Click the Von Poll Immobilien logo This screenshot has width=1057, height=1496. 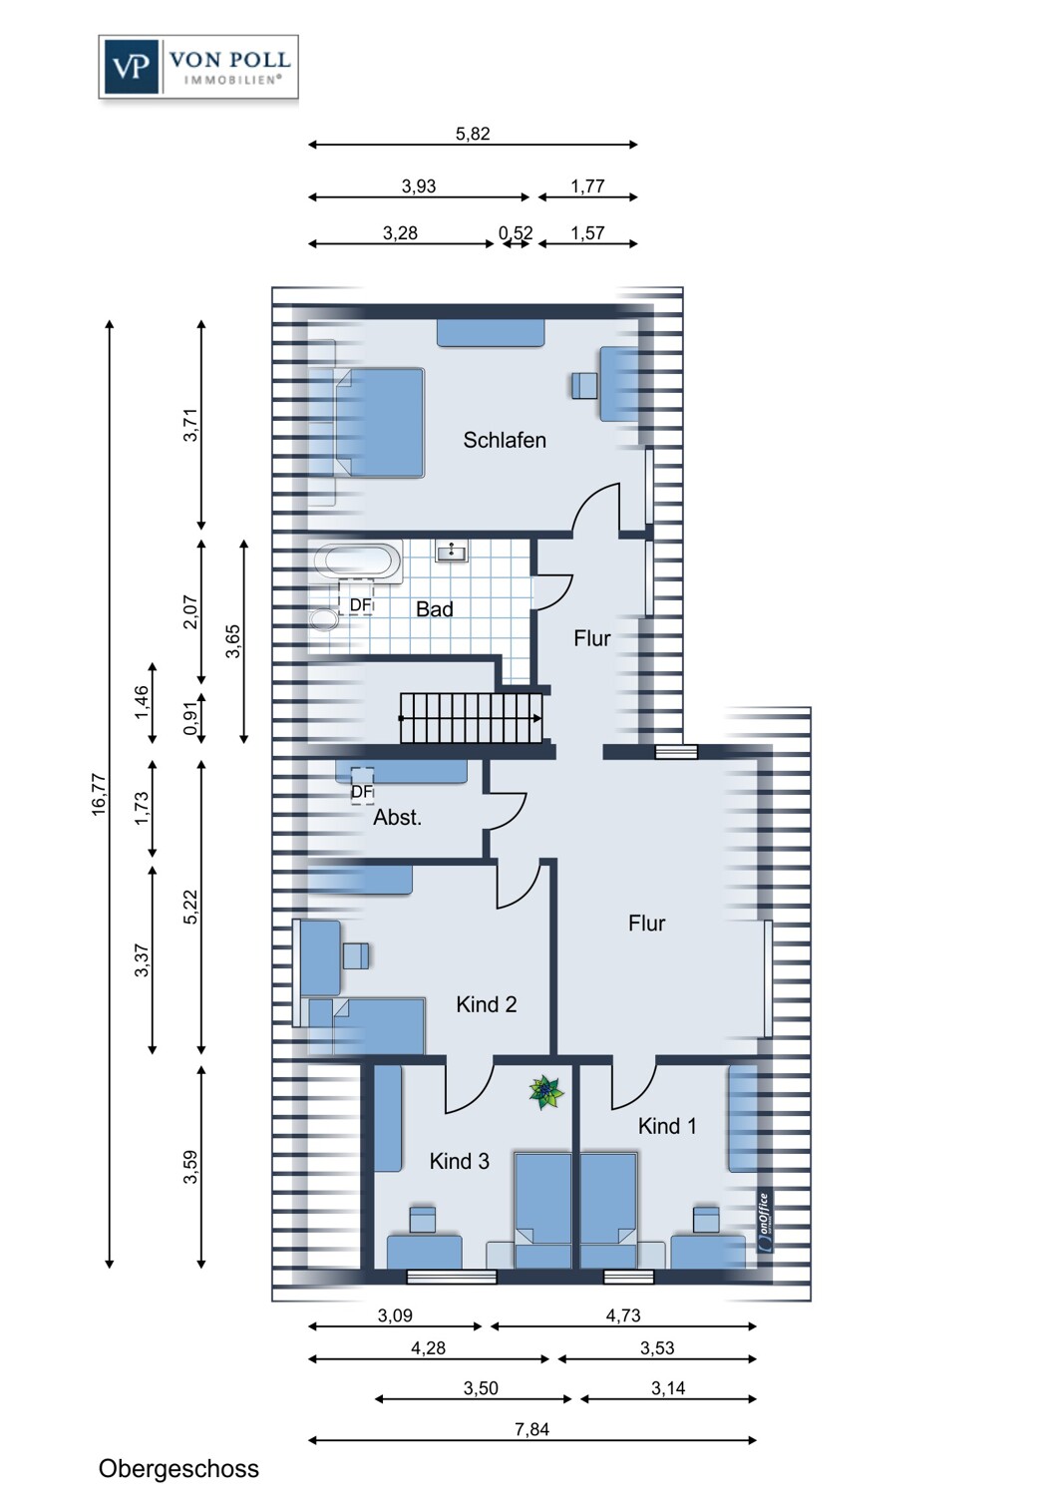pyautogui.click(x=198, y=67)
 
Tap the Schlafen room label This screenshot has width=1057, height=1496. pyautogui.click(x=505, y=440)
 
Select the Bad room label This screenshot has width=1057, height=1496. pyautogui.click(x=434, y=609)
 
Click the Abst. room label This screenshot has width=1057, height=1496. pyautogui.click(x=397, y=818)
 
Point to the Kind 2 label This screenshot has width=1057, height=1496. pyautogui.click(x=486, y=1004)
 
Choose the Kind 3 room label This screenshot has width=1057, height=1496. pyautogui.click(x=460, y=1162)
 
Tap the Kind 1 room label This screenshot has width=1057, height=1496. pyautogui.click(x=667, y=1126)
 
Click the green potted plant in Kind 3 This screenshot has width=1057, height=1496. pyautogui.click(x=546, y=1093)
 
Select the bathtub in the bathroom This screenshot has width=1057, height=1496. pyautogui.click(x=358, y=561)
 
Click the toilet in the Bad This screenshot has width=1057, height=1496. pyautogui.click(x=324, y=619)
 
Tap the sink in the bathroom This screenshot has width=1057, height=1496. pyautogui.click(x=452, y=551)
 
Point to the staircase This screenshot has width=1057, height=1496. pyautogui.click(x=472, y=718)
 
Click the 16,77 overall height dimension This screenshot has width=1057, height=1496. pyautogui.click(x=99, y=794)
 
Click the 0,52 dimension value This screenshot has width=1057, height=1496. pyautogui.click(x=516, y=233)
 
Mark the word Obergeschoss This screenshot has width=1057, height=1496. pyautogui.click(x=178, y=1469)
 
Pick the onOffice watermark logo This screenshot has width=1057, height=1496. pyautogui.click(x=765, y=1221)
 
